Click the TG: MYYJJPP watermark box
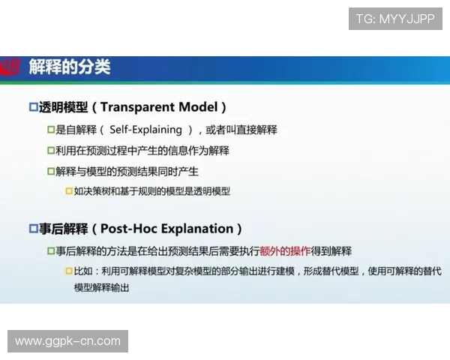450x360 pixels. (x=395, y=19)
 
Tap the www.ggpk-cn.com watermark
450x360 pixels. (x=68, y=341)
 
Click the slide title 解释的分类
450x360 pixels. (x=70, y=67)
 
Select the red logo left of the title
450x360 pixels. (x=9, y=67)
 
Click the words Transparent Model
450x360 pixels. (x=163, y=107)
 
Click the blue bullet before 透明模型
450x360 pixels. (x=33, y=107)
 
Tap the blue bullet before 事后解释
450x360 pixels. (x=33, y=229)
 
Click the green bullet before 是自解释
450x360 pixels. (x=51, y=130)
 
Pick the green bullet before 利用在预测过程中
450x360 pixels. (x=51, y=151)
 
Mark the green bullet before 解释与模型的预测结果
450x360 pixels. (x=51, y=172)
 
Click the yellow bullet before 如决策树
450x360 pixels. (x=68, y=191)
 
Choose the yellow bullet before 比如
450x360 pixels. (x=68, y=271)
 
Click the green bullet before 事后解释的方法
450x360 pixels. (x=51, y=250)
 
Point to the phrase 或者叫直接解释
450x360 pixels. (x=241, y=130)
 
